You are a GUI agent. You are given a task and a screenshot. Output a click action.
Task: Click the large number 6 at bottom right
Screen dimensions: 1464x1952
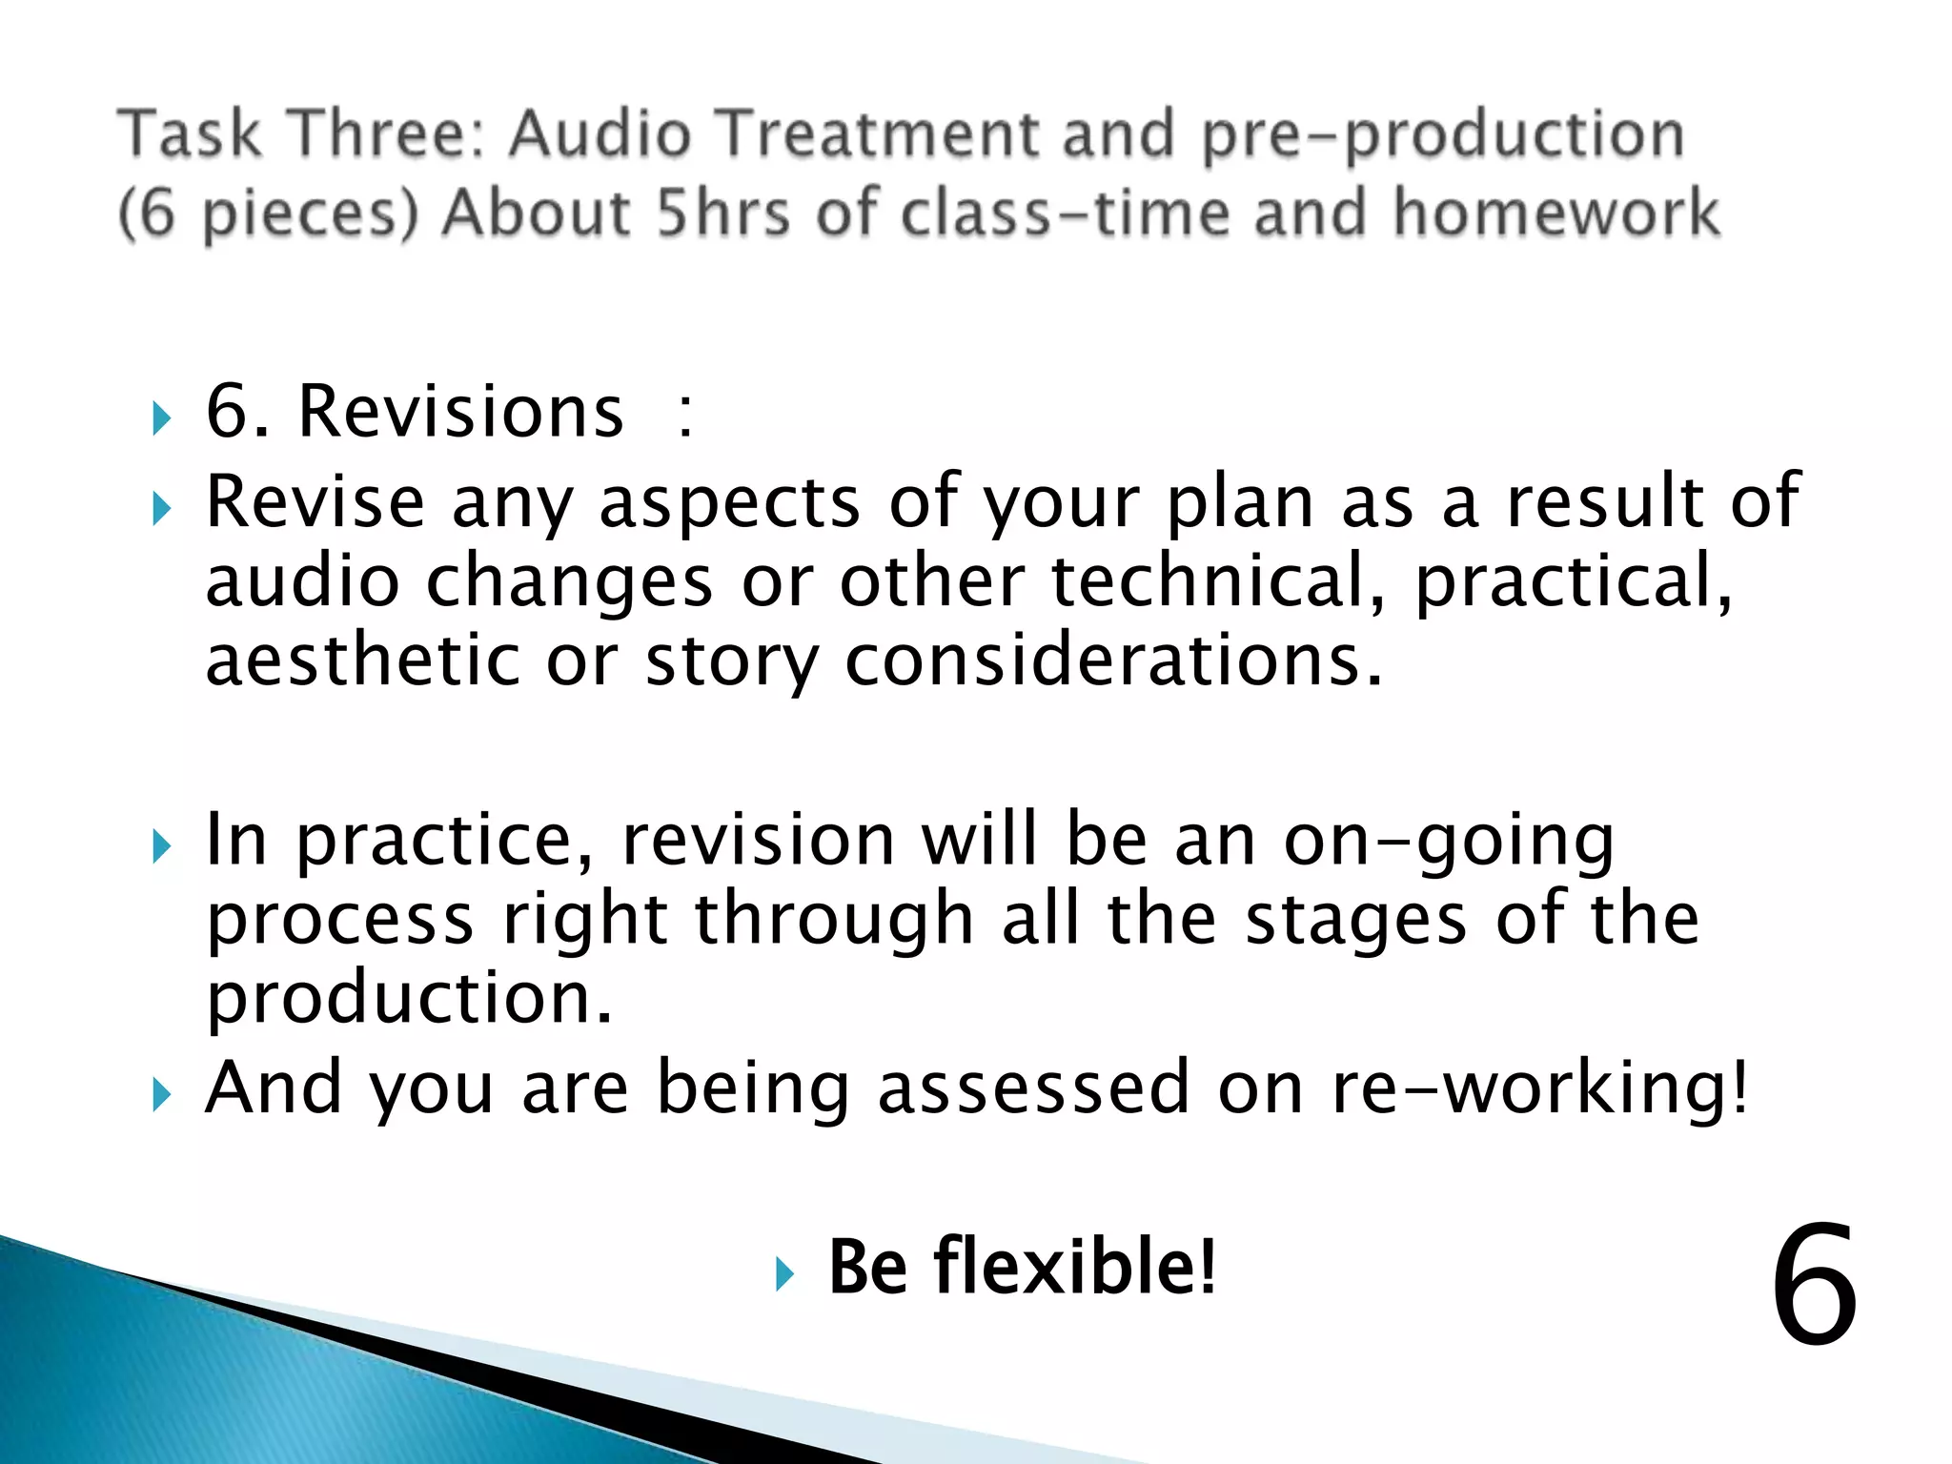point(1814,1286)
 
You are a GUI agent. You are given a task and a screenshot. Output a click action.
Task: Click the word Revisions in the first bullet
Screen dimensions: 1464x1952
point(460,412)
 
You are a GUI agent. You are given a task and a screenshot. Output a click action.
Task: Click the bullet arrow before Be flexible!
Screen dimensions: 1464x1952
point(783,1273)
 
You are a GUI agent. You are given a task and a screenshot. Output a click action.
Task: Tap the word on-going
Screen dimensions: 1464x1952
point(1448,841)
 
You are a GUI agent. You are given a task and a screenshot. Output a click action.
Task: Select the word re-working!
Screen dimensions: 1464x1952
point(1539,1088)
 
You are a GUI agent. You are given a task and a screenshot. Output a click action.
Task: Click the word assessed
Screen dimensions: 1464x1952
point(1032,1088)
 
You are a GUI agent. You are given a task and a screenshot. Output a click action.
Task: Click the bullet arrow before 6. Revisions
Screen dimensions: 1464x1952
point(161,418)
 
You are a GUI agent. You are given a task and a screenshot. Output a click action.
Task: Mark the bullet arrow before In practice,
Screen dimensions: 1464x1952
point(161,846)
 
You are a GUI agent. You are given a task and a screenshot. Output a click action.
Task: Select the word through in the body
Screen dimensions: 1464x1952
point(833,921)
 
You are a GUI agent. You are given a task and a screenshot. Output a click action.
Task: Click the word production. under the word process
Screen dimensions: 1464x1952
point(409,1000)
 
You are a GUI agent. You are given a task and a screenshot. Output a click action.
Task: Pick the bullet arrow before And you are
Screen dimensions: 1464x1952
point(161,1094)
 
